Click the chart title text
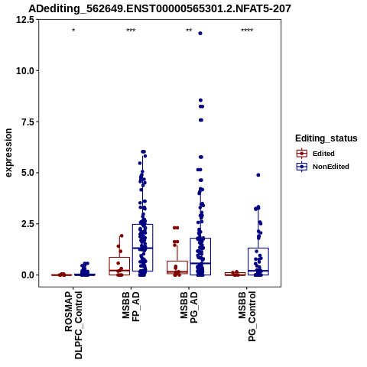click(160, 8)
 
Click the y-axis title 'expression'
click(8, 153)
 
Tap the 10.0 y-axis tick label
click(25, 71)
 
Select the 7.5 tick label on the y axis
click(28, 122)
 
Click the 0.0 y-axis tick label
click(28, 275)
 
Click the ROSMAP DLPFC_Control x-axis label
click(73, 325)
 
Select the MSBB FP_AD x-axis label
click(131, 307)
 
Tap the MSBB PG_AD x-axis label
click(189, 307)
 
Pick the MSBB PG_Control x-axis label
click(247, 317)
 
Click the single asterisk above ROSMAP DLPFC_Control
click(73, 31)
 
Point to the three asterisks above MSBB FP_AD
click(131, 31)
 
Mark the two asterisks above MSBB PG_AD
click(189, 31)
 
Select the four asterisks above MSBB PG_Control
click(247, 31)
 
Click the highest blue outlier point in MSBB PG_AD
click(200, 34)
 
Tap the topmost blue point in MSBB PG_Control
click(258, 175)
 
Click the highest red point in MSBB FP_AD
click(122, 235)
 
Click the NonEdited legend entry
click(323, 167)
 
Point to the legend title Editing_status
click(326, 138)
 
